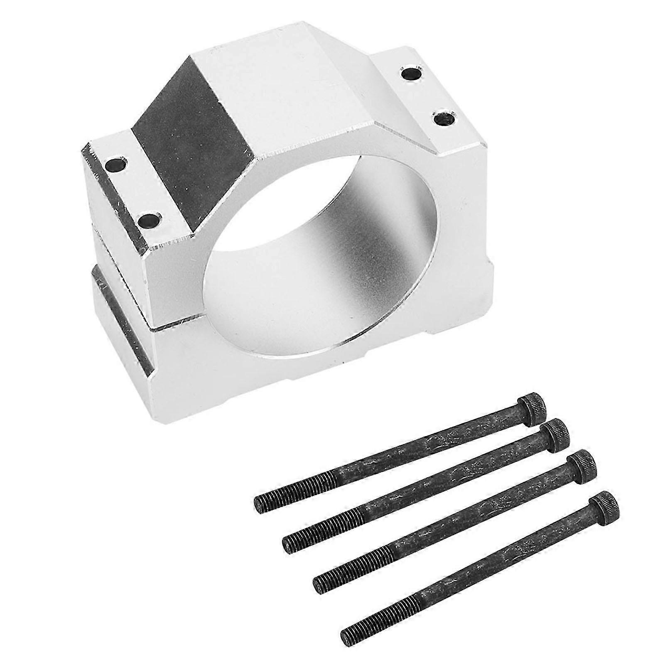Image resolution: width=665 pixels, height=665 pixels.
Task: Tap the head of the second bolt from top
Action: pyautogui.click(x=556, y=435)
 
